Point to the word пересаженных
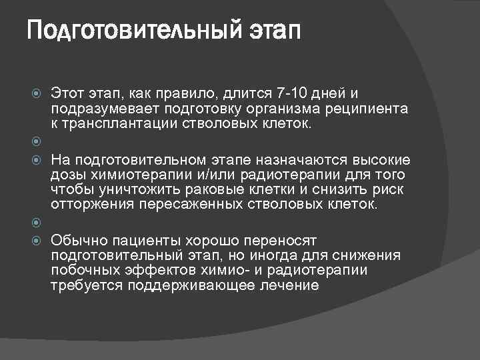point(185,205)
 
